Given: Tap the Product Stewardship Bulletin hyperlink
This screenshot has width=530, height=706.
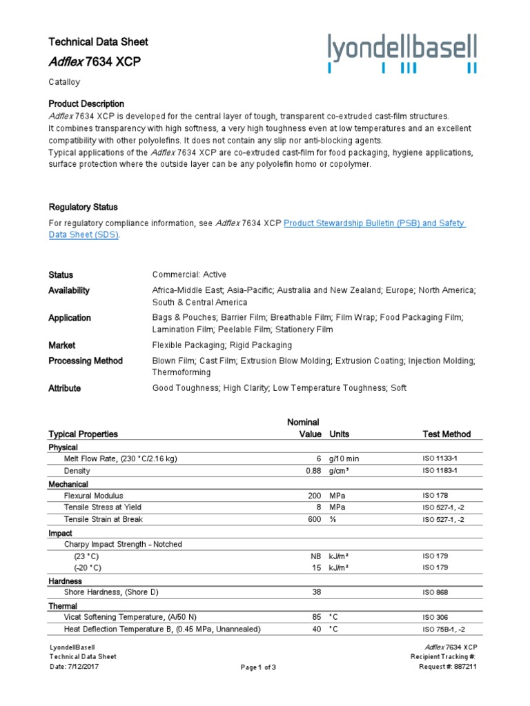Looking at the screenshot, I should click(x=375, y=223).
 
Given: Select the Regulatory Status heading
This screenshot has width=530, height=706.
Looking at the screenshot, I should click(x=83, y=207).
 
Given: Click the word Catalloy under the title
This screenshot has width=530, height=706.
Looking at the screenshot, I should click(x=64, y=82).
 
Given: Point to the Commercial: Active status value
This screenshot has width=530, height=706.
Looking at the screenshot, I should click(x=189, y=274).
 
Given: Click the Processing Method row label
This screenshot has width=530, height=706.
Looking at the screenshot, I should click(x=86, y=361).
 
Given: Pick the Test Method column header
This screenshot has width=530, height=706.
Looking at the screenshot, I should click(x=446, y=434).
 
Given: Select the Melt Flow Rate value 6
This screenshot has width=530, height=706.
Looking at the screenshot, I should click(x=318, y=458).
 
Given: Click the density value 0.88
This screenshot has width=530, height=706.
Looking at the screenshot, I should click(x=313, y=470).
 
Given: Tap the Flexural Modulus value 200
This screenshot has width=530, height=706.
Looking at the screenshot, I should click(x=315, y=495).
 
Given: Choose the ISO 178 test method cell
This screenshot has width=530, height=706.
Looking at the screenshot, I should click(x=435, y=495).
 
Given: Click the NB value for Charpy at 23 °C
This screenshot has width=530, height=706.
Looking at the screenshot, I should click(x=317, y=556).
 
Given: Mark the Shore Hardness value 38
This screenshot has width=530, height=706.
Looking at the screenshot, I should click(x=317, y=592).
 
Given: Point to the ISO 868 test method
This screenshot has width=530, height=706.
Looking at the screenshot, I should click(x=435, y=592).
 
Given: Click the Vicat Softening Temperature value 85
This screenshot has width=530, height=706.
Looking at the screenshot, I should click(x=317, y=617).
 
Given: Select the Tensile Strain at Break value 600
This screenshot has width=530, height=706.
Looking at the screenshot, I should click(x=315, y=519).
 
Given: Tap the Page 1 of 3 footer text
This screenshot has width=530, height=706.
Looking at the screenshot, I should click(x=258, y=667).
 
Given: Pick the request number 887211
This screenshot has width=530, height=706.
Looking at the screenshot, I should click(x=464, y=667).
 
